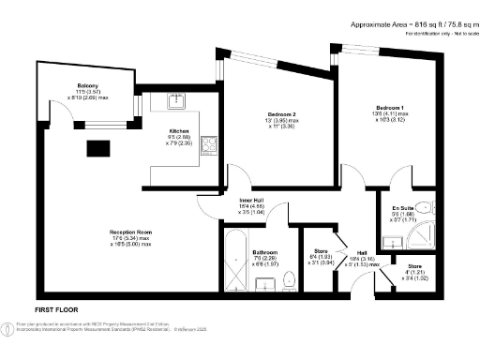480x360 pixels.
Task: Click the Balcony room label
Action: (x=89, y=84)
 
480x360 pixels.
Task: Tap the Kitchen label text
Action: (x=179, y=131)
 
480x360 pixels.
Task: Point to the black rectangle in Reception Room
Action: (x=97, y=146)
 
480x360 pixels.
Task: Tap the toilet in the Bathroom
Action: (x=290, y=279)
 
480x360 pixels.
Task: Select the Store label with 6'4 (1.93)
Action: (x=321, y=251)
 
